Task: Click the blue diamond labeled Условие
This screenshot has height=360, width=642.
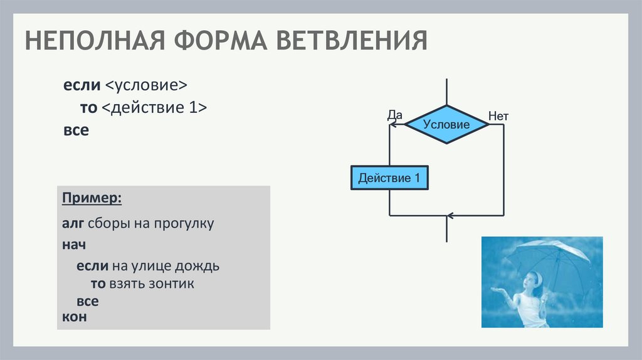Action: click(x=446, y=124)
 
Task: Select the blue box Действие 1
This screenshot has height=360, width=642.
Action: click(x=389, y=178)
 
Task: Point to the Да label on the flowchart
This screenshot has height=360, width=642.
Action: click(x=394, y=115)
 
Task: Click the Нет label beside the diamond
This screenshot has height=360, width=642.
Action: click(x=498, y=115)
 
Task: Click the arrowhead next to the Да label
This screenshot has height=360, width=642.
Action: click(x=393, y=124)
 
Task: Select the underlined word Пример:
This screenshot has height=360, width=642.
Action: click(x=92, y=199)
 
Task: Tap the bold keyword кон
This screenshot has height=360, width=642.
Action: click(x=74, y=317)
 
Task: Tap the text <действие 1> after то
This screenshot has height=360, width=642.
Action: click(x=154, y=107)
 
